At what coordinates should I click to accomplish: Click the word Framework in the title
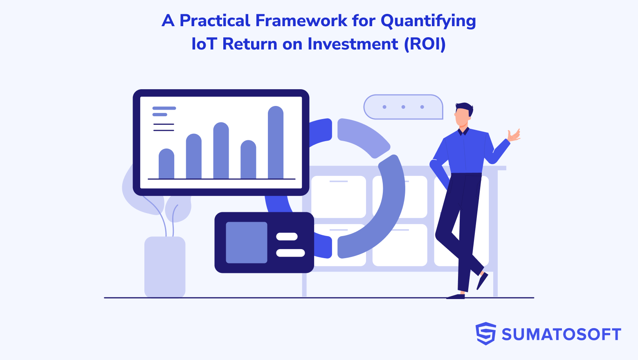tap(301, 20)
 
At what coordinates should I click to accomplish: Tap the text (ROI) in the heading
tap(425, 44)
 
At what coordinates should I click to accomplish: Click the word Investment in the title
tap(353, 44)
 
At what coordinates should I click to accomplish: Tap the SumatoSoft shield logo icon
tap(485, 333)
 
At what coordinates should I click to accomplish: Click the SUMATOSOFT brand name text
tap(561, 335)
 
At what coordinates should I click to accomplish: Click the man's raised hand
tap(514, 135)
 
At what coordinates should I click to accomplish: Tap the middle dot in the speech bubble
tap(403, 107)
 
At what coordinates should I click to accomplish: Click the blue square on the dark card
tap(246, 242)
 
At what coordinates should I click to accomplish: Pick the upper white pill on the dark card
tap(287, 236)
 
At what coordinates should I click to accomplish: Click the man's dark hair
tap(465, 107)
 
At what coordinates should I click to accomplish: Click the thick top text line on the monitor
tap(164, 108)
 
